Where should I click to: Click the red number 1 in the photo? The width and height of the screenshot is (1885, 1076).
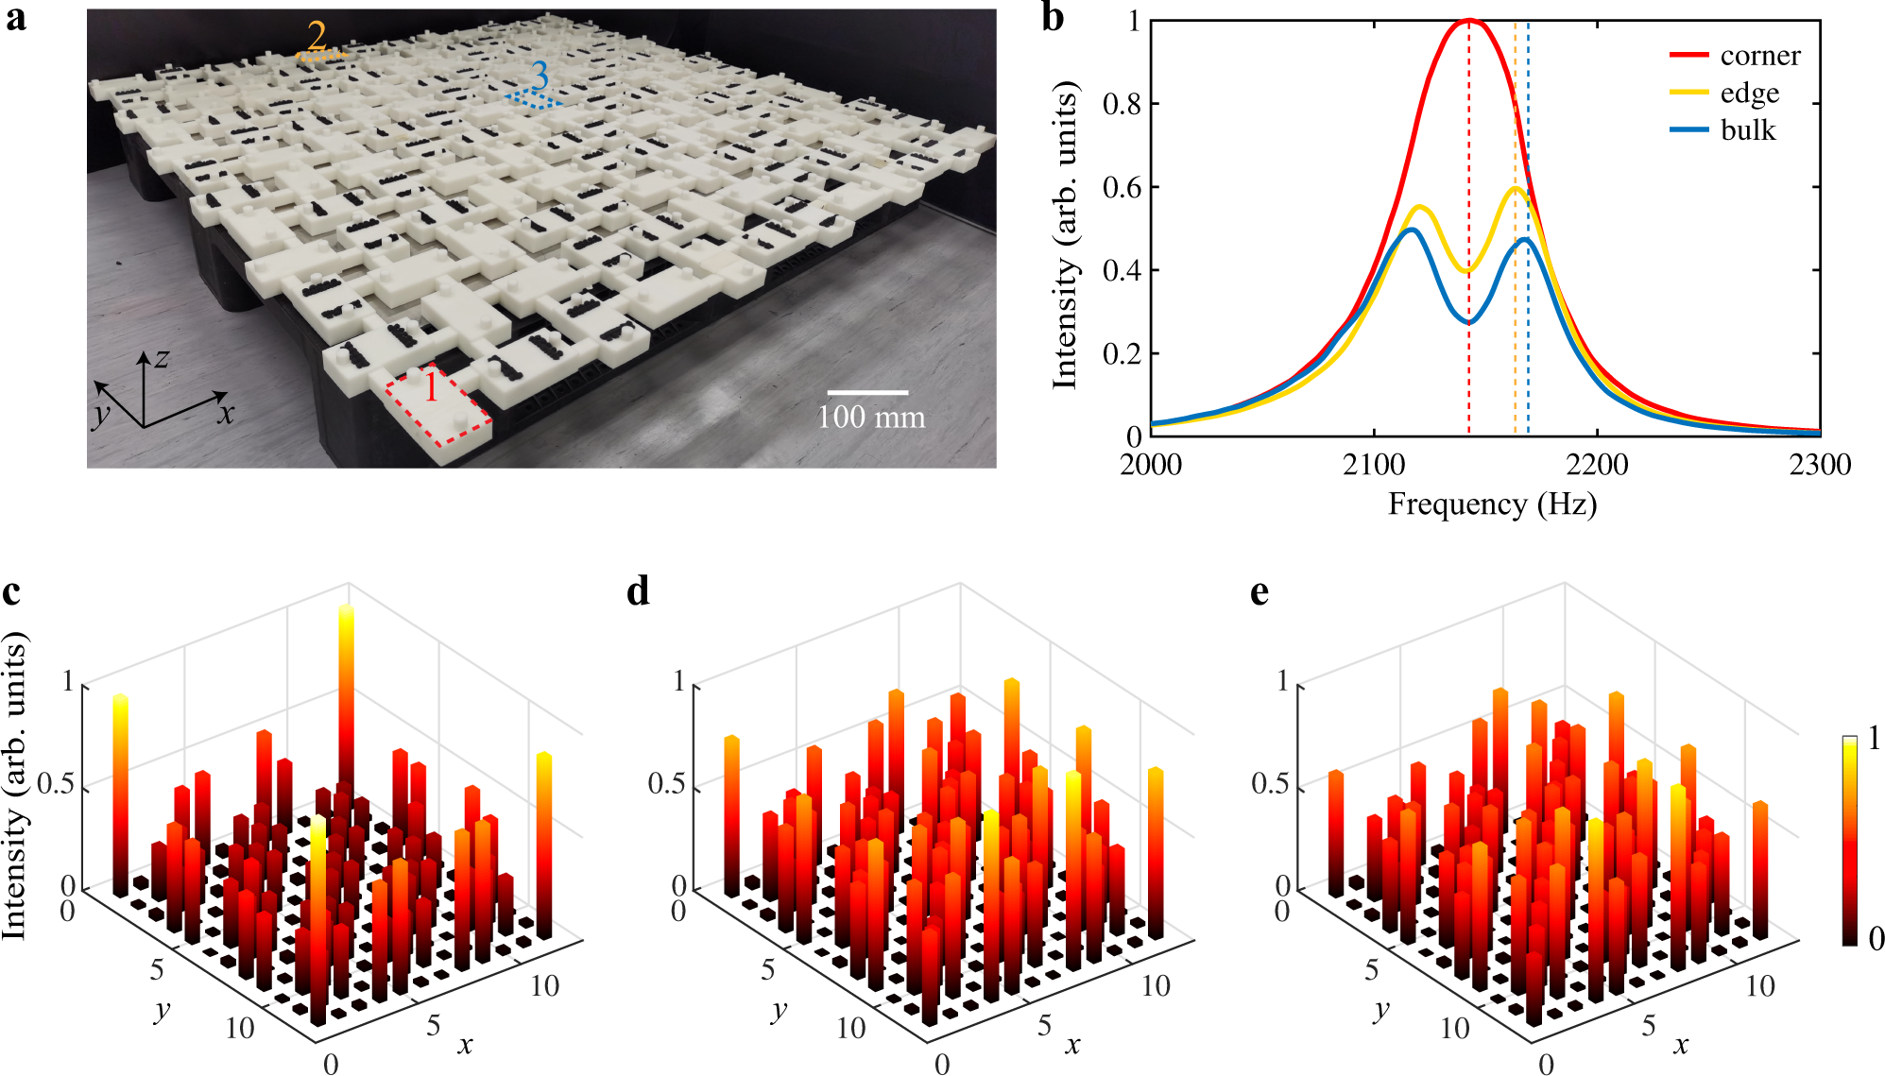431,387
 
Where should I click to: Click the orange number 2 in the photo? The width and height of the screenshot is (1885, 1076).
317,36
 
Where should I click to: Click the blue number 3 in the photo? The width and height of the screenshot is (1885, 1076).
540,75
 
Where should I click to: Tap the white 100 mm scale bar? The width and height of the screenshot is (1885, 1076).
867,392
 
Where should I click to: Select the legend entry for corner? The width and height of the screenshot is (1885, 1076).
1759,56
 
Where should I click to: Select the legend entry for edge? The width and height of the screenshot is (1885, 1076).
1749,93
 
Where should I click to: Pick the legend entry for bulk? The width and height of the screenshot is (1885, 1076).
1747,129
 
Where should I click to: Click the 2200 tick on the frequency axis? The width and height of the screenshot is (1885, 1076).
1597,464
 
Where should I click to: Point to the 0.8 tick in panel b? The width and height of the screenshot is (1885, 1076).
1122,104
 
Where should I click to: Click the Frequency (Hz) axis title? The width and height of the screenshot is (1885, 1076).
1492,504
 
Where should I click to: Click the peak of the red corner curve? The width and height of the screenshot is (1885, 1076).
1468,20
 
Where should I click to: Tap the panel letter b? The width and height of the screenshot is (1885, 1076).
1053,18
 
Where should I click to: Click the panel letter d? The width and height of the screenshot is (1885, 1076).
638,591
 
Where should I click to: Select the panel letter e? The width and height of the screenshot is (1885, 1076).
1259,591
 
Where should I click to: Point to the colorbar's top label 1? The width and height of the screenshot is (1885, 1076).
1875,738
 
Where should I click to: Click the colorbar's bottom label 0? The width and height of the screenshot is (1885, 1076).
1876,937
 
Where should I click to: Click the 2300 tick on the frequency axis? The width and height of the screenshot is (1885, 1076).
1820,464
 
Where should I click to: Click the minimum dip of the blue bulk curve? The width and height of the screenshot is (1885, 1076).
1468,322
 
